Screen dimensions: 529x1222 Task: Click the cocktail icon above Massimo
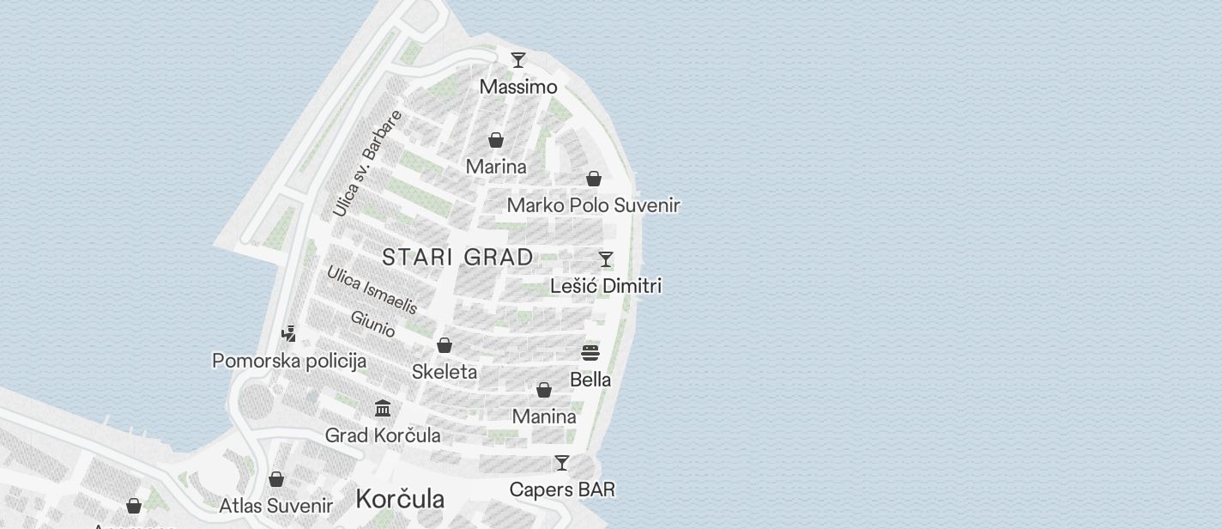click(518, 60)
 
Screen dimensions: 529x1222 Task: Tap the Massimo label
click(518, 87)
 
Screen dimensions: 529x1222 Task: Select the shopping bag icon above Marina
click(496, 140)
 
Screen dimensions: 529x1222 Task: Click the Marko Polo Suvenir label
click(593, 205)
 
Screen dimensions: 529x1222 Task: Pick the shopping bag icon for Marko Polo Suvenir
click(594, 179)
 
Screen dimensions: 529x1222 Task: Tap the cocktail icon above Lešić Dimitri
click(606, 259)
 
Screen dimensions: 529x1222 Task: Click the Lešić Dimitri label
click(606, 285)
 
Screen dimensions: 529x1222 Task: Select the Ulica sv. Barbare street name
click(367, 163)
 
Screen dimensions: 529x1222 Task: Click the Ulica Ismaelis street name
click(372, 289)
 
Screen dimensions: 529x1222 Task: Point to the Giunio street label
click(373, 324)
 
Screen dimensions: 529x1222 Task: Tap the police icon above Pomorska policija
click(289, 334)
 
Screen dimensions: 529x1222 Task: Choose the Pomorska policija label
click(289, 361)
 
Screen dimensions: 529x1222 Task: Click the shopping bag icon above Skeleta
click(445, 345)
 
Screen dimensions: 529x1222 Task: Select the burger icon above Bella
click(590, 353)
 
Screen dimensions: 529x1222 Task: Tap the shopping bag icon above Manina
click(544, 391)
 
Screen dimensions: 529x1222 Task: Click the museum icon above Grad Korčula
click(383, 408)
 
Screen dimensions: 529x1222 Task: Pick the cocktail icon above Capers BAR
click(562, 463)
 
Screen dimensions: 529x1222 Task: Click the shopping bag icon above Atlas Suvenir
click(276, 479)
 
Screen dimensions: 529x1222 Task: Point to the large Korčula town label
click(400, 499)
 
